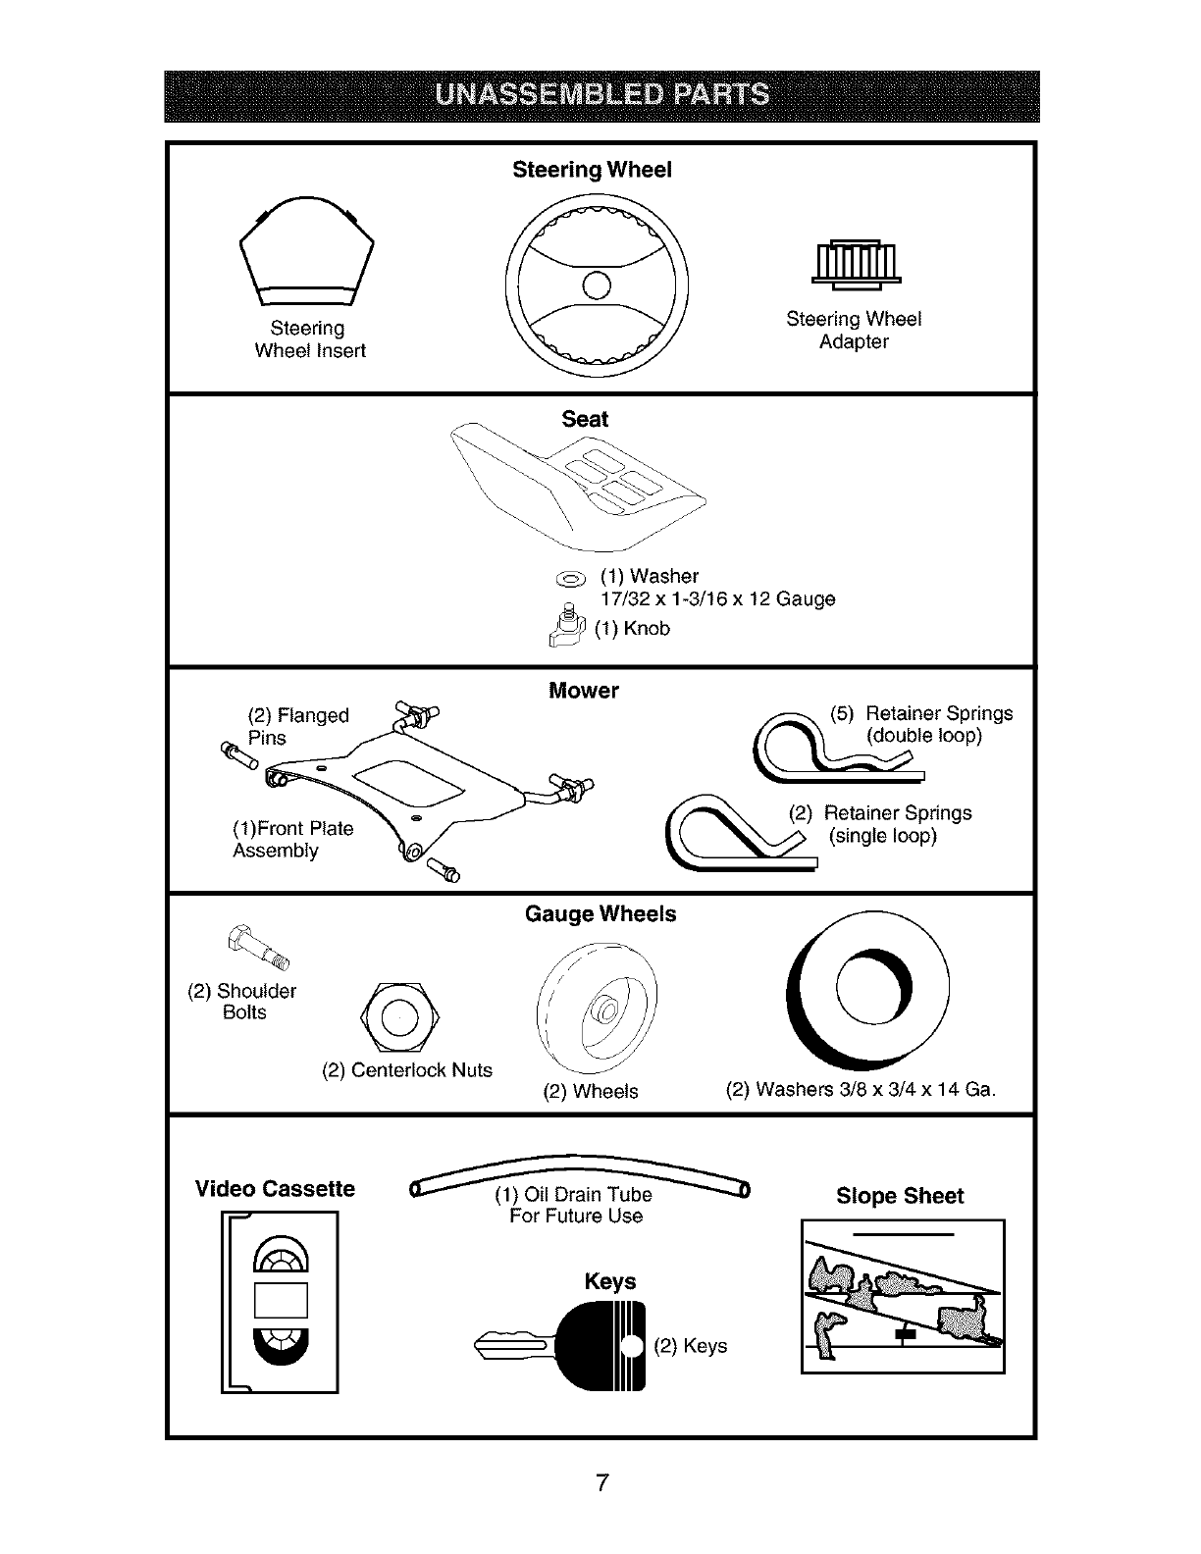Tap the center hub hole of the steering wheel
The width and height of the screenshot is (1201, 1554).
pyautogui.click(x=597, y=285)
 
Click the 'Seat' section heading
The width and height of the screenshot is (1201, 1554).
pyautogui.click(x=585, y=419)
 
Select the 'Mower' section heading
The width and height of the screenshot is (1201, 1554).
pyautogui.click(x=584, y=691)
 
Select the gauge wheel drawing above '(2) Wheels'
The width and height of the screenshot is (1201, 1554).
pyautogui.click(x=599, y=1011)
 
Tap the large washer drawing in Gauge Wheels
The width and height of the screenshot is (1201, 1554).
pyautogui.click(x=868, y=992)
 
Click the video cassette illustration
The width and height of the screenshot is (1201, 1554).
pyautogui.click(x=281, y=1301)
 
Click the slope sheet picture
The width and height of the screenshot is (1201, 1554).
pyautogui.click(x=903, y=1296)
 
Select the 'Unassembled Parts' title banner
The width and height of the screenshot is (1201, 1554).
pyautogui.click(x=601, y=95)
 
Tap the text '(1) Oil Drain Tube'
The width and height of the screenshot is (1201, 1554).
pyautogui.click(x=574, y=1195)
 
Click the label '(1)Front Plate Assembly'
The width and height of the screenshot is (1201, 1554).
pyautogui.click(x=292, y=840)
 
